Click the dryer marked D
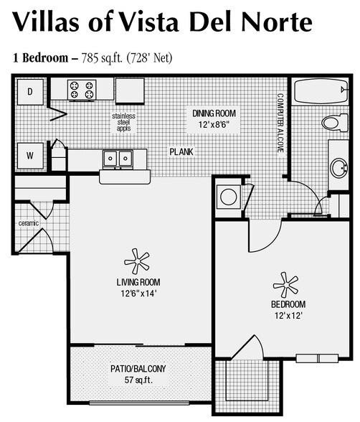click(30, 92)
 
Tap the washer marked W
click(30, 156)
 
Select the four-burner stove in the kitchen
click(82, 90)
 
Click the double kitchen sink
click(118, 159)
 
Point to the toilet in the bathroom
click(335, 122)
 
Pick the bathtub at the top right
click(321, 91)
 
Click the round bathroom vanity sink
click(339, 168)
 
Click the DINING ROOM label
click(214, 113)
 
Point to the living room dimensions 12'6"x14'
click(138, 294)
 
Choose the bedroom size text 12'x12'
click(288, 316)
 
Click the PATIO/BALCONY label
click(138, 369)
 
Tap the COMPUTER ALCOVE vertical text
click(280, 123)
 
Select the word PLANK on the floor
click(181, 152)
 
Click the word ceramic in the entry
click(29, 223)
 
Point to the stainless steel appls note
click(123, 123)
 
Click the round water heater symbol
click(229, 197)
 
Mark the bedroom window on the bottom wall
click(317, 359)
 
